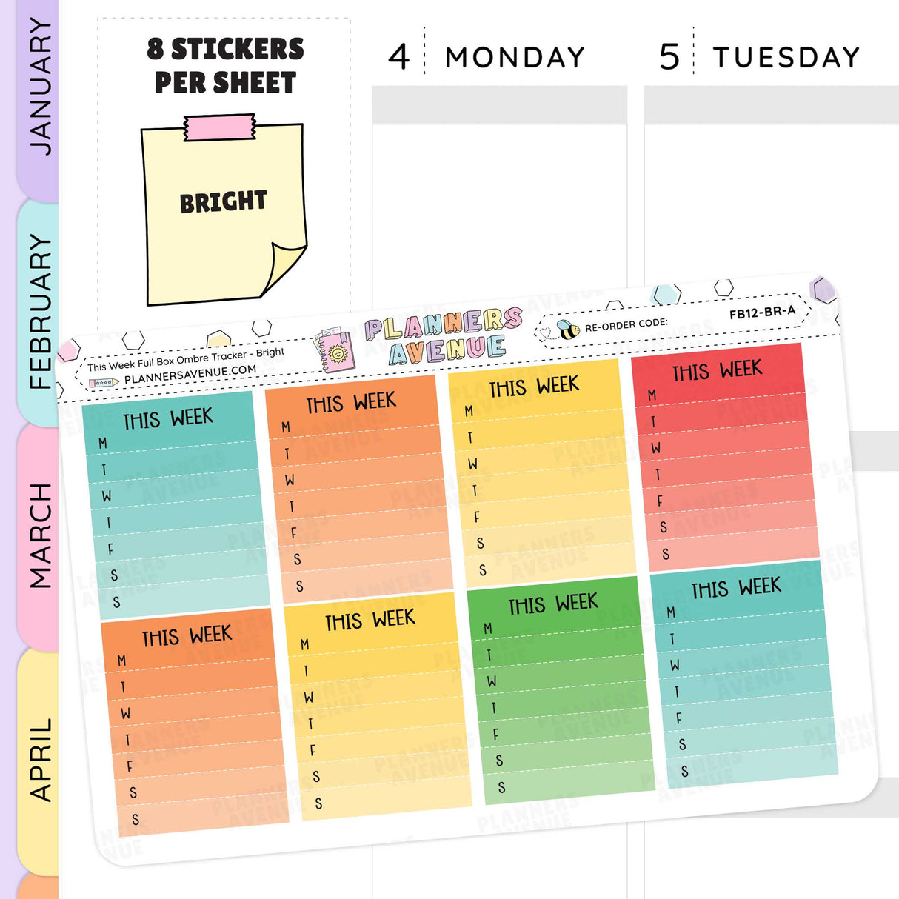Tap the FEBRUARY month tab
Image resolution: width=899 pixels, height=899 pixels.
(39, 311)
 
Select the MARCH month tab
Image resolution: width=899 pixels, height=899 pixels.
(39, 535)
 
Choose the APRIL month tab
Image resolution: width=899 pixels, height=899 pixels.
(39, 759)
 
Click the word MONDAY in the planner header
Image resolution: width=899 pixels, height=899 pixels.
(515, 58)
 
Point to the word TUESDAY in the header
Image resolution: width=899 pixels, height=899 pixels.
(786, 58)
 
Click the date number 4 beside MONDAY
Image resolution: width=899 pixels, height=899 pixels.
(399, 57)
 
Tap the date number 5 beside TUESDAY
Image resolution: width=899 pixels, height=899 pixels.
(669, 57)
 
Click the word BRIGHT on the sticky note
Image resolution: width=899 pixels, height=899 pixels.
(223, 201)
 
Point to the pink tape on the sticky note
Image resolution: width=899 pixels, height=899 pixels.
(220, 127)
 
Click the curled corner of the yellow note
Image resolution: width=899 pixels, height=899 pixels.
(284, 267)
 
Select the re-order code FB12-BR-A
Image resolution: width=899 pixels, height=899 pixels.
(762, 313)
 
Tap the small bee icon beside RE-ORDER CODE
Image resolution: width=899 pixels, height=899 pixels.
(569, 330)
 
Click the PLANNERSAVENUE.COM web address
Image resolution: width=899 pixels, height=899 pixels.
(190, 375)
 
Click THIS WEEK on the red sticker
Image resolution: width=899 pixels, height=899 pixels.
(717, 370)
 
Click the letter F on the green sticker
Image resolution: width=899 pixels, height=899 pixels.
(496, 734)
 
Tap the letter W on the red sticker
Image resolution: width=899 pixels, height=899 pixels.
(656, 448)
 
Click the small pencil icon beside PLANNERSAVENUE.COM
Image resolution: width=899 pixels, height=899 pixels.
(103, 383)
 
